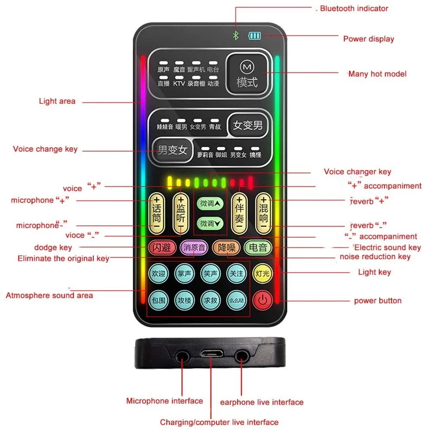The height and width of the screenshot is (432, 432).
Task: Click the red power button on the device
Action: [262, 300]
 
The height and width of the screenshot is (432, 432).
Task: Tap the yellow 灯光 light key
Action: [262, 273]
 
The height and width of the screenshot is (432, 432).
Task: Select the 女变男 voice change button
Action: [248, 125]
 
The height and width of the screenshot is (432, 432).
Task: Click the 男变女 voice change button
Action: [172, 150]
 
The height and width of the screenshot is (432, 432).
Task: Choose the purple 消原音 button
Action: [194, 248]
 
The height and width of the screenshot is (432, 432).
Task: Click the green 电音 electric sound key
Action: [258, 248]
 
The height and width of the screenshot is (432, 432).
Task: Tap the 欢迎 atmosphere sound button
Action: [159, 273]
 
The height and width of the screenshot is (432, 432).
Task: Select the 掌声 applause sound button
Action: [185, 273]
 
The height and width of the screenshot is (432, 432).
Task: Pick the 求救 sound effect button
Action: [211, 300]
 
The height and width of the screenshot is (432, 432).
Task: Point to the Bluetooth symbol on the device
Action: [236, 35]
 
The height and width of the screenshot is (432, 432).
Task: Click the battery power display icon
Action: [254, 35]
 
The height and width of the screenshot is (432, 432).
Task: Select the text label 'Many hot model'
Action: [377, 74]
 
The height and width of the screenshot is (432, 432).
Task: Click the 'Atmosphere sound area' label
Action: [49, 295]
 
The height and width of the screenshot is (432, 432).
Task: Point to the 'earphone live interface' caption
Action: [262, 402]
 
